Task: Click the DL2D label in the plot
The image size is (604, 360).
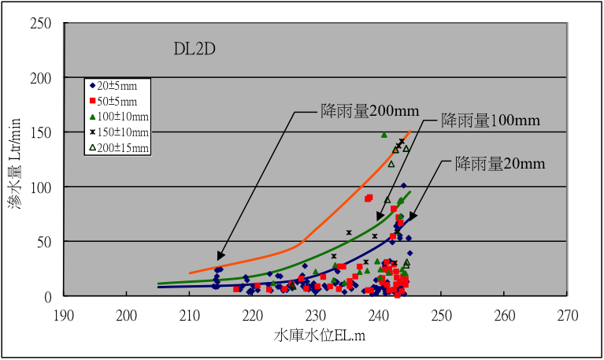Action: click(x=195, y=50)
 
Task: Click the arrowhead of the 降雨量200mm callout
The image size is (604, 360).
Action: click(x=219, y=258)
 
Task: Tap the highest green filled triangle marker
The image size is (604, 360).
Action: click(x=384, y=135)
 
